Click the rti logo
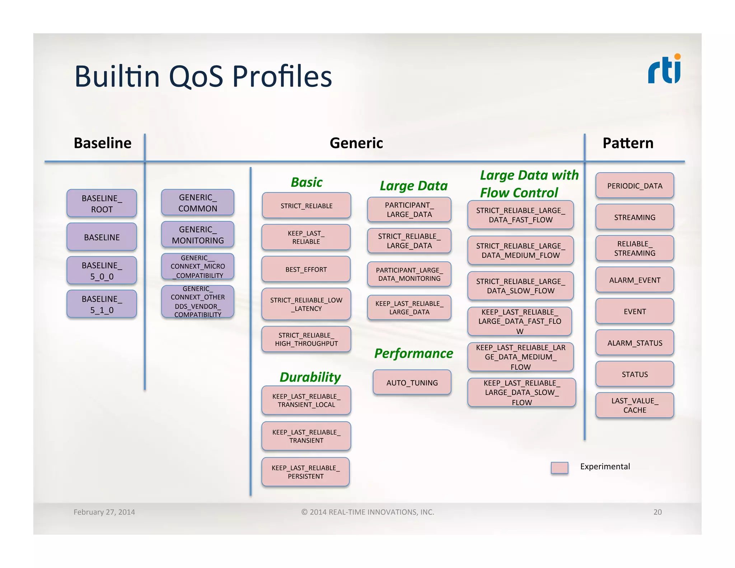[664, 70]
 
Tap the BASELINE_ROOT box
[102, 203]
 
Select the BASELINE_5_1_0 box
[102, 304]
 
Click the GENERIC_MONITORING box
[198, 235]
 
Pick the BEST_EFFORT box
[306, 269]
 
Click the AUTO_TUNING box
[412, 383]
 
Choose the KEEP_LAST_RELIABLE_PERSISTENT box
[306, 472]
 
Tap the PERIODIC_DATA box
[635, 186]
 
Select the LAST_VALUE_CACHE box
[635, 405]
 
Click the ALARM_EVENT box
[635, 280]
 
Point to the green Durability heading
[310, 377]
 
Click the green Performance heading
[413, 353]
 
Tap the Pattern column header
[628, 143]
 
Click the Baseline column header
[103, 143]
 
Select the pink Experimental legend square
[560, 468]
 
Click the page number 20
[657, 512]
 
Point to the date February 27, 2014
[104, 512]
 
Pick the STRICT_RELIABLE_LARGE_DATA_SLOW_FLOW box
[520, 286]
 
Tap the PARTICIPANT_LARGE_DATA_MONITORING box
[409, 274]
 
